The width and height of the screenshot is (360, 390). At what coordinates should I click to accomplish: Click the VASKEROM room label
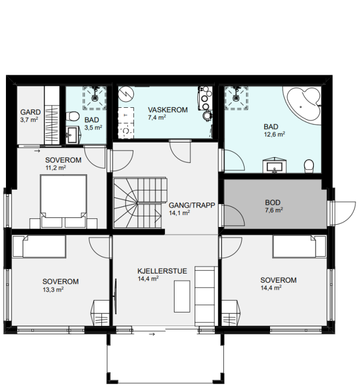coord(168,109)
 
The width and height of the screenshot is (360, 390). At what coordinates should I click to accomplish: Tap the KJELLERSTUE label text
coord(162,271)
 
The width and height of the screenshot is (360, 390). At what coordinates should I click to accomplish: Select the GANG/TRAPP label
coord(192,205)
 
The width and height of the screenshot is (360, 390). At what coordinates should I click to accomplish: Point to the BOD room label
coord(273,203)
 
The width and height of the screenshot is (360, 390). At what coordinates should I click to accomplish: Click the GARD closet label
coord(30,112)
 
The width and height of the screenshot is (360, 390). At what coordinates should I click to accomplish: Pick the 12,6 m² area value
coord(274,134)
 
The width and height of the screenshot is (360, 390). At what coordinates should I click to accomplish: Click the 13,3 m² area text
coord(53,289)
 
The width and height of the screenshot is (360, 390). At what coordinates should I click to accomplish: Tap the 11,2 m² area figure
coord(55,167)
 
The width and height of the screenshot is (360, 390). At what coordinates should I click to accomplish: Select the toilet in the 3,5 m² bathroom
coord(73,116)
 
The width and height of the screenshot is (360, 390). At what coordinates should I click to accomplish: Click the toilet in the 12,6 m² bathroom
coord(309,166)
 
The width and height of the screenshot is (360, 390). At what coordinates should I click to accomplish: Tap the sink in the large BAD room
coord(274,165)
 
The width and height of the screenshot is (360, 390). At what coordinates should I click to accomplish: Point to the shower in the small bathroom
coord(94,98)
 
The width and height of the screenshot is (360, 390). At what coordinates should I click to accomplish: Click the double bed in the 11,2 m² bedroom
coord(64,201)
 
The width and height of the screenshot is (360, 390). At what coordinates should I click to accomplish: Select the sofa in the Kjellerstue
coord(204,296)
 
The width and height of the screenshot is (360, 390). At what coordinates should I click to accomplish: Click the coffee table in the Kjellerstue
coord(182,296)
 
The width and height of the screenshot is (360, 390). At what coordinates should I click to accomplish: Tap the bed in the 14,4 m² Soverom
coord(299,246)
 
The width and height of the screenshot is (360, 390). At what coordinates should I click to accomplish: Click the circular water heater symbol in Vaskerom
coord(126,94)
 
